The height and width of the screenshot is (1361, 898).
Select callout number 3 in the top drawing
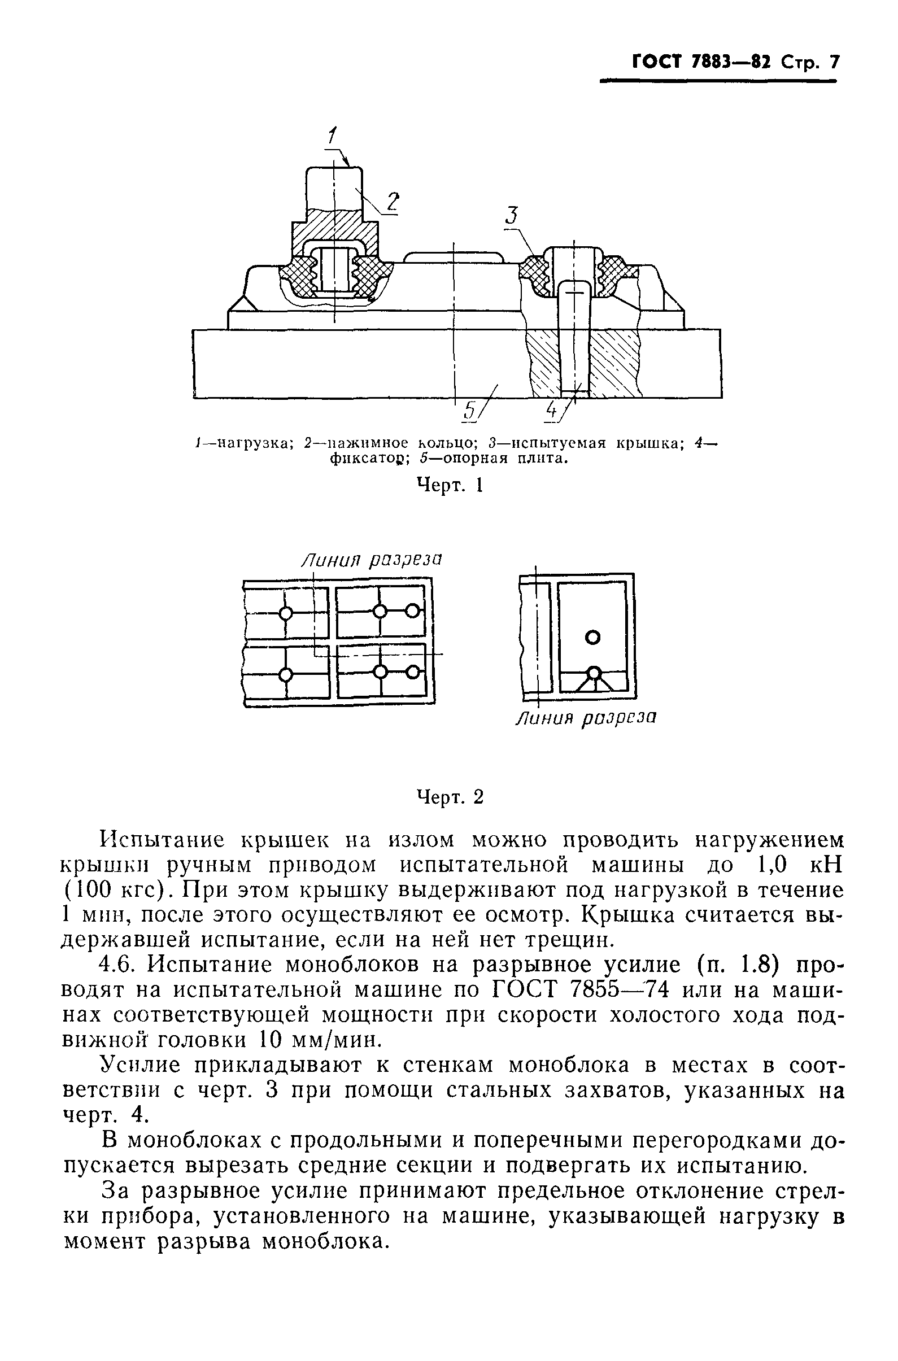[512, 215]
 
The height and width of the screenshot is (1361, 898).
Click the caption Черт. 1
[449, 486]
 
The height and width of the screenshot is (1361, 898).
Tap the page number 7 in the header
[832, 62]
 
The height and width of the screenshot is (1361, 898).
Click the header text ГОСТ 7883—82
[702, 62]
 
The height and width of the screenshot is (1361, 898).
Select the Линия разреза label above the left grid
[372, 560]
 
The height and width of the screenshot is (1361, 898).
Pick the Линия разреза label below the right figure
[585, 717]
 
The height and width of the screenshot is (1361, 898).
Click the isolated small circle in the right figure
[594, 636]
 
